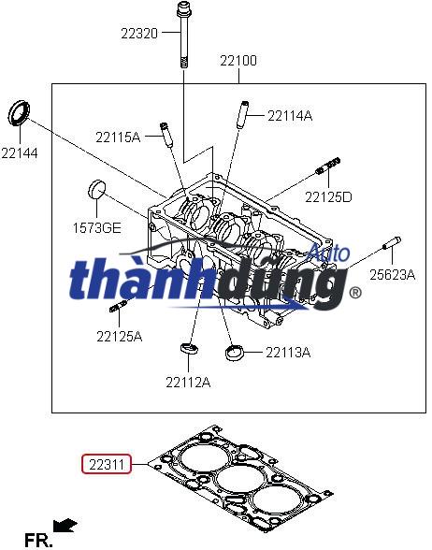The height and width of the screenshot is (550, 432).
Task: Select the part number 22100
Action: [x=238, y=61]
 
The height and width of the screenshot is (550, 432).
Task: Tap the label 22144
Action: [x=20, y=152]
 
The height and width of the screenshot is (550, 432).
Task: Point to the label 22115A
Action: [x=117, y=137]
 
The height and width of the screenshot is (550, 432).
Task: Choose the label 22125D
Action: [x=327, y=196]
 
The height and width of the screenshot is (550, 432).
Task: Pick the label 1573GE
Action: [x=97, y=227]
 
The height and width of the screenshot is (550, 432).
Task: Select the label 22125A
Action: [x=119, y=336]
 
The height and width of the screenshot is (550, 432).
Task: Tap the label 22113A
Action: [x=287, y=353]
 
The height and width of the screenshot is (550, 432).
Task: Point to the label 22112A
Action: [x=188, y=381]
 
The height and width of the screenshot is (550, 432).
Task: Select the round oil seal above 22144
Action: [x=19, y=112]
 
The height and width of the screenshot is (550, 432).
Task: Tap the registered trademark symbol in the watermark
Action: [x=354, y=293]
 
